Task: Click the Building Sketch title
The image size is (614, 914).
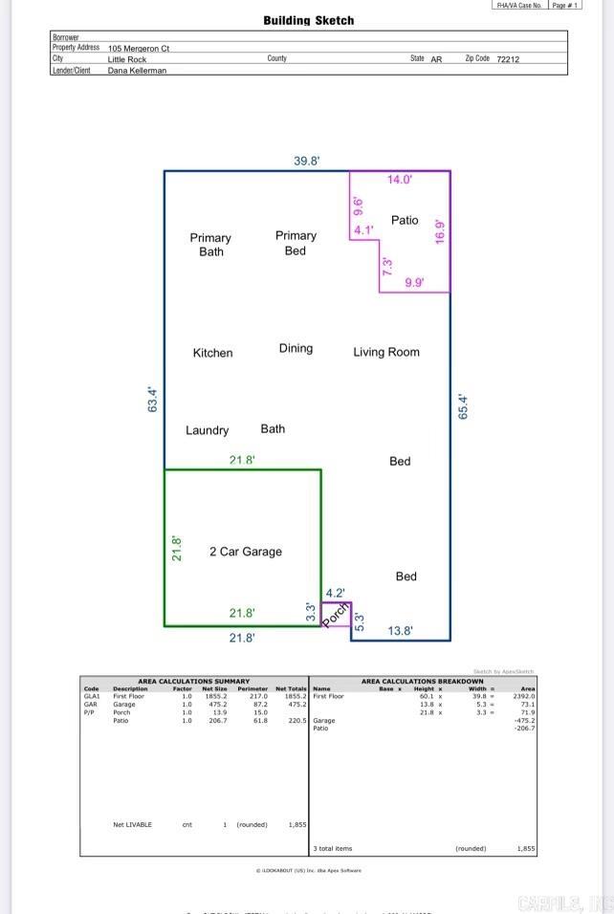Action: pos(308,20)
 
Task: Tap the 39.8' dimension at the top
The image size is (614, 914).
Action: pos(306,162)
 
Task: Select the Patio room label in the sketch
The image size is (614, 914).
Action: pos(405,220)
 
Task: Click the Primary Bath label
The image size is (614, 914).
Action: pos(210,245)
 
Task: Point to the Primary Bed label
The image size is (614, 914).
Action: pos(296,243)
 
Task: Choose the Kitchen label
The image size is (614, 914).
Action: pos(212,353)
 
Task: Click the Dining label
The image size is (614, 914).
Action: pos(296,348)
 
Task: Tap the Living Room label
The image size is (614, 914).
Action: pos(386,352)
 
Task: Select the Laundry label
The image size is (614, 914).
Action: pos(207,430)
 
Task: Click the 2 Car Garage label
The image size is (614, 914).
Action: pos(246,552)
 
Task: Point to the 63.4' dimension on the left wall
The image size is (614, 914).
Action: pos(152,399)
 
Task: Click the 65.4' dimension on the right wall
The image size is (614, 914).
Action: pos(464,406)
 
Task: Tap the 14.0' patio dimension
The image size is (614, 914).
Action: pos(399,179)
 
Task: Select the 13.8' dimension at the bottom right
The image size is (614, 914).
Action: pos(400,630)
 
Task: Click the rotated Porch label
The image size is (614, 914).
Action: pos(335,616)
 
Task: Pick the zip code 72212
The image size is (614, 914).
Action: pos(509,59)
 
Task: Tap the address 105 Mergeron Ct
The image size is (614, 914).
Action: pos(139,48)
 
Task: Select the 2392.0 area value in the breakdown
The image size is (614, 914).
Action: pos(524,696)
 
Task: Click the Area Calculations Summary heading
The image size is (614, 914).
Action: pos(193,682)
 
